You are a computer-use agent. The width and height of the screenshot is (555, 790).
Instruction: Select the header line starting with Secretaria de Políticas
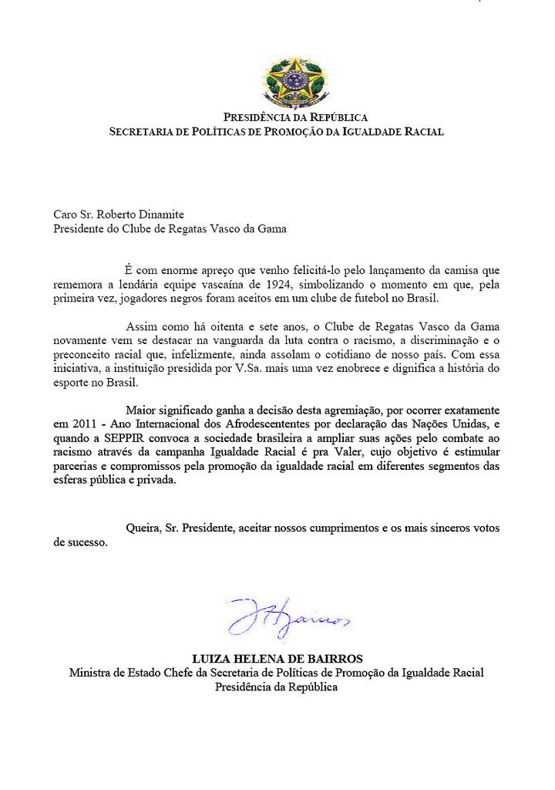pos(277,132)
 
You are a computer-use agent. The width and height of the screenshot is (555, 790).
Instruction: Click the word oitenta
pos(208,326)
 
